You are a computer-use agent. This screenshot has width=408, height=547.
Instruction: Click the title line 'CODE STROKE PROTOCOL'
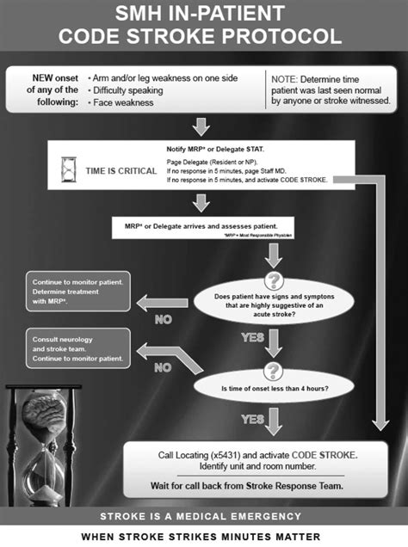coord(204,37)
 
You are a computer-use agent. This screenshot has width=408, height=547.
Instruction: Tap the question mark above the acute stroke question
coord(274,280)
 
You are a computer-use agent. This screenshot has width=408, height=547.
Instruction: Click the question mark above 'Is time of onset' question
coord(274,366)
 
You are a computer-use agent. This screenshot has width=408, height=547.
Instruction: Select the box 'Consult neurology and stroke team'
coord(77,347)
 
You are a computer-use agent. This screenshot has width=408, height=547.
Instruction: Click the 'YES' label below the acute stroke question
coord(253,338)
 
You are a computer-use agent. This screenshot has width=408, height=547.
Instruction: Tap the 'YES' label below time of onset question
coord(253,420)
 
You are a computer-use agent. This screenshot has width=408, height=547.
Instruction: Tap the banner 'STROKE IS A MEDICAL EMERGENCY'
coord(204,516)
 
